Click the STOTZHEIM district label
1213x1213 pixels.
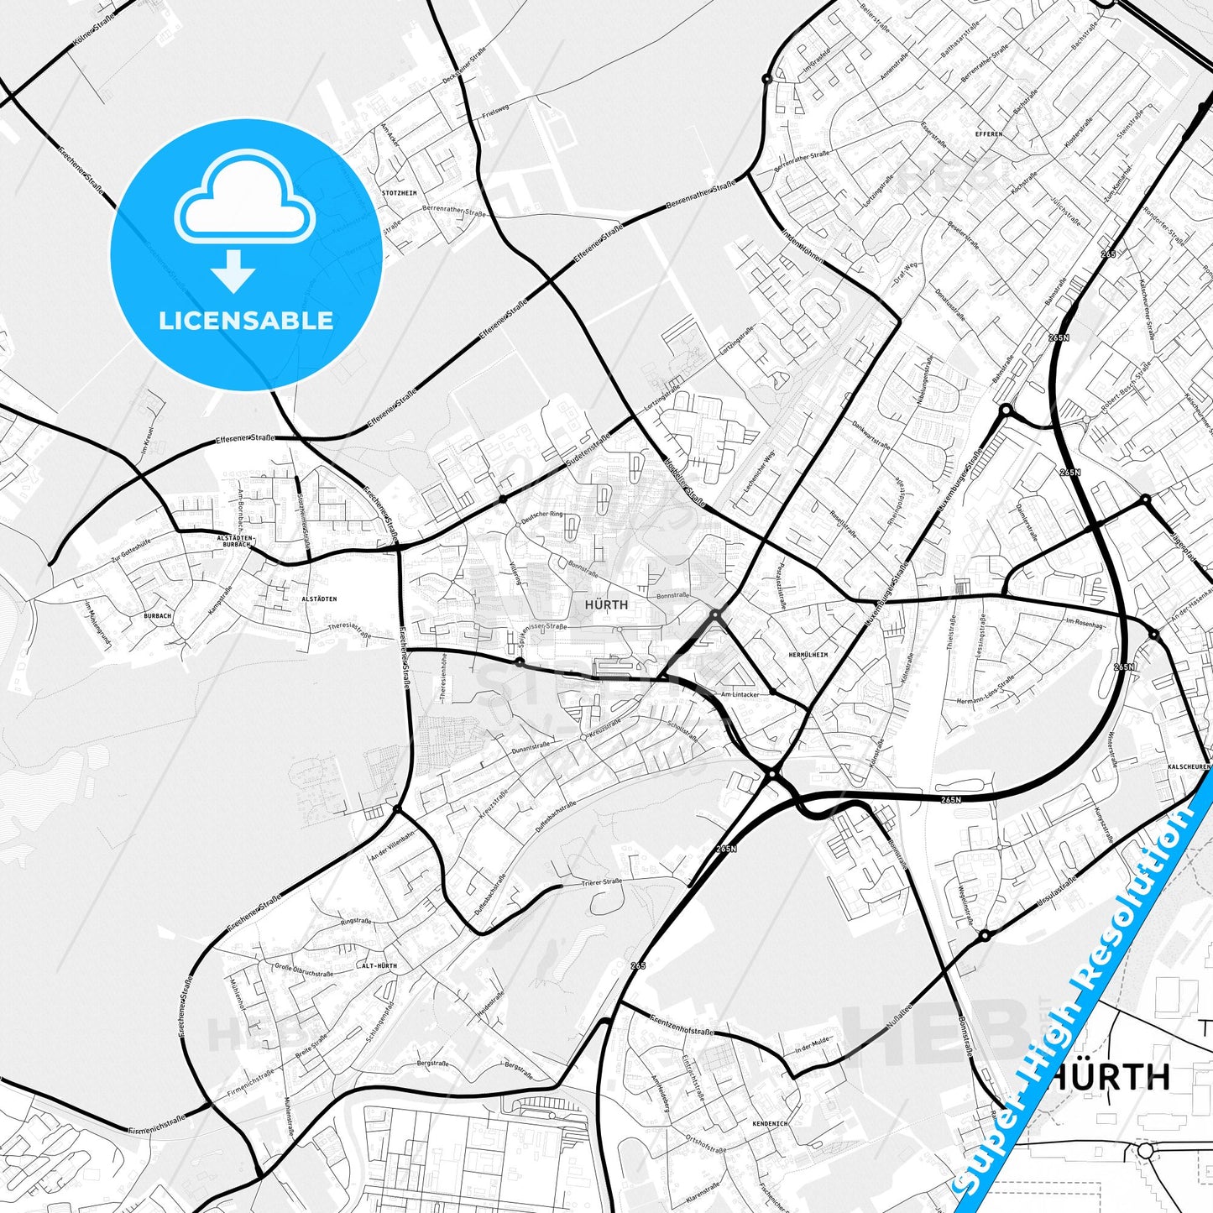(x=399, y=193)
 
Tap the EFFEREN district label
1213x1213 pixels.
(x=989, y=134)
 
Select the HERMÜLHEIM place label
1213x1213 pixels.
(x=808, y=655)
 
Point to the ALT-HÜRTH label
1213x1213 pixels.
(x=379, y=966)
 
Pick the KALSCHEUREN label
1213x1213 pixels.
(x=1189, y=767)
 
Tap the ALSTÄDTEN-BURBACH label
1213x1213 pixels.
(x=233, y=541)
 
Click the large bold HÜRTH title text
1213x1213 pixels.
(x=1110, y=1076)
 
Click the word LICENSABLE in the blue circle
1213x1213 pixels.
(x=246, y=321)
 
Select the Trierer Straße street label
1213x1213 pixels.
(x=602, y=882)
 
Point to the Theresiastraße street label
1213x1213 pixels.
(x=349, y=630)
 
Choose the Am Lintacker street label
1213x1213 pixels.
(x=740, y=694)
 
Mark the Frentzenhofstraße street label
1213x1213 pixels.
(x=682, y=1025)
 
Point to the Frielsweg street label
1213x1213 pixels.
(x=496, y=110)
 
